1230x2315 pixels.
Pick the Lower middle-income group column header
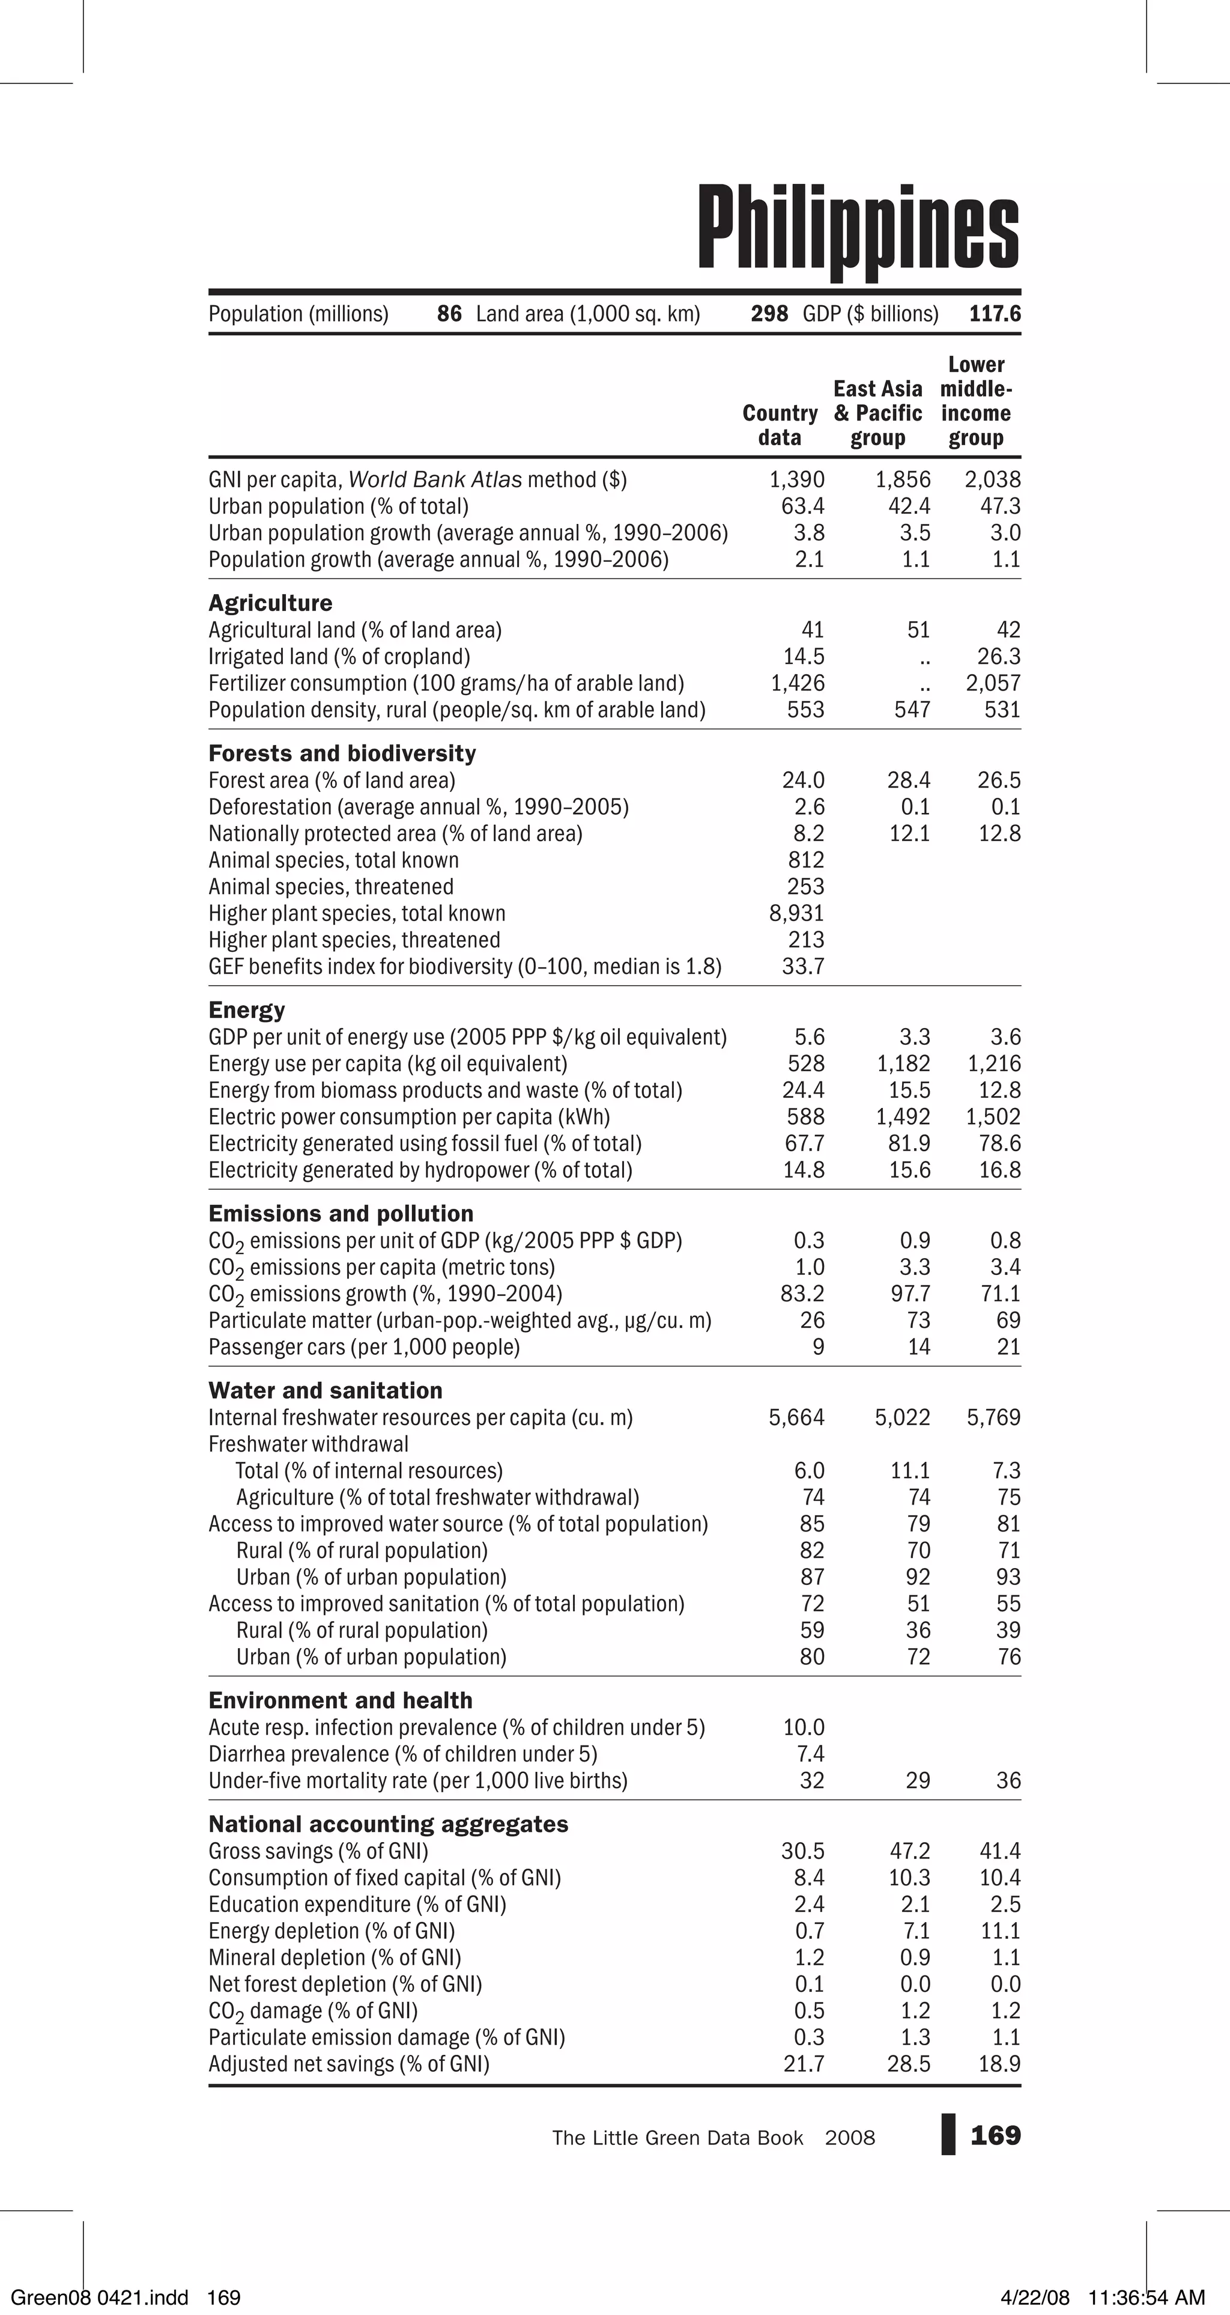pos(976,402)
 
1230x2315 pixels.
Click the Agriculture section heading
pos(270,603)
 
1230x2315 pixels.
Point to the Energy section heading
pos(246,1010)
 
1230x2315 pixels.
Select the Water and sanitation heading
pos(326,1390)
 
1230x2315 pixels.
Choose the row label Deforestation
pos(418,807)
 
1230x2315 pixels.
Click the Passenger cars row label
pos(364,1347)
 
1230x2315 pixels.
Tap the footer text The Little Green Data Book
pos(677,2138)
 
